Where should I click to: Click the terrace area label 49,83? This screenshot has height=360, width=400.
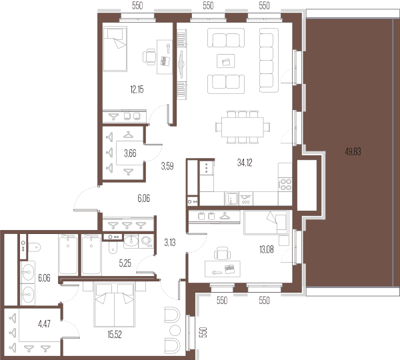click(353, 152)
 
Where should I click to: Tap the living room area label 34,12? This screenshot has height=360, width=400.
click(245, 163)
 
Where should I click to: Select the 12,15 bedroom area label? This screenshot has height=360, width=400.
click(137, 89)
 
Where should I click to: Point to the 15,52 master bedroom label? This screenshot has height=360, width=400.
click(115, 335)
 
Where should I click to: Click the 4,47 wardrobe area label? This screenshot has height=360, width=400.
click(44, 324)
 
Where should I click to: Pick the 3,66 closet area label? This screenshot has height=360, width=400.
click(130, 153)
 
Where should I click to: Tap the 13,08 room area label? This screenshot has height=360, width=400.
click(266, 249)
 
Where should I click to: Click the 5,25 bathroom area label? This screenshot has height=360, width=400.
click(125, 263)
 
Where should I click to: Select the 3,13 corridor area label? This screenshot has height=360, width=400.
click(170, 242)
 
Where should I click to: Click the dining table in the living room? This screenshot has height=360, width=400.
click(243, 127)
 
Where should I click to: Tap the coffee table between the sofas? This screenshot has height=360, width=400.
click(226, 61)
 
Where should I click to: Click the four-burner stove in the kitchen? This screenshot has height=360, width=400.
click(285, 184)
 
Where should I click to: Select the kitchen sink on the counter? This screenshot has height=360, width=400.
click(231, 199)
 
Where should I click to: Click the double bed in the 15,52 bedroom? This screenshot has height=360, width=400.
click(114, 305)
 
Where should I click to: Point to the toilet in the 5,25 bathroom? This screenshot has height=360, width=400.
click(113, 247)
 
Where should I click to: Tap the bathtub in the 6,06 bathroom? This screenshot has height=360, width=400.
click(68, 255)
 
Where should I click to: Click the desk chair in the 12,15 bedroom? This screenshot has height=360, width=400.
click(149, 57)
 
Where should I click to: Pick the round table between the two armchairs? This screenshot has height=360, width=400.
click(175, 331)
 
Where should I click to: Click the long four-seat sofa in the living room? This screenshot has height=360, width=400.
click(269, 60)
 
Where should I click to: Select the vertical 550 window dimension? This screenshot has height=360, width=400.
click(203, 332)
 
